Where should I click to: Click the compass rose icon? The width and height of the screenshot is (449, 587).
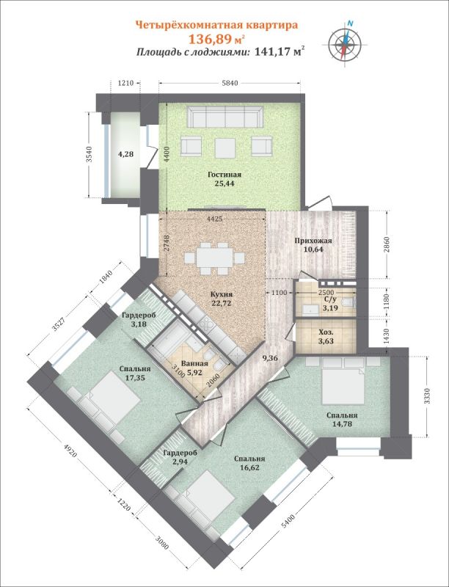coord(344,43)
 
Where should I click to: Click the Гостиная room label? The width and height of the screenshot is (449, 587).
coord(224,175)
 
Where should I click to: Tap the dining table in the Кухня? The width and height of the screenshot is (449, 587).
coord(214,258)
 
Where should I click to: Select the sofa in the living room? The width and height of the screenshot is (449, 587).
coord(225,117)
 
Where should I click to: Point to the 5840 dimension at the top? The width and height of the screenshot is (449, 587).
coord(230,84)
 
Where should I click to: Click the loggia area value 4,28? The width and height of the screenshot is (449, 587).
coord(125,153)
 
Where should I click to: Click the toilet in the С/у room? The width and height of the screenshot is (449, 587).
coord(347,302)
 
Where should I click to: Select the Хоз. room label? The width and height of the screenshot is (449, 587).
coord(324,332)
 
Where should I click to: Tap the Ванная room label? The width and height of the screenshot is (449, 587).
coord(194,364)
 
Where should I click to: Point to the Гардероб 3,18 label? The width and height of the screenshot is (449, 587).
coord(138,319)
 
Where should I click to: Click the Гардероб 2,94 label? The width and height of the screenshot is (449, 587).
coord(180,456)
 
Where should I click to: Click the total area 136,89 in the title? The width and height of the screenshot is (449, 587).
coord(211,39)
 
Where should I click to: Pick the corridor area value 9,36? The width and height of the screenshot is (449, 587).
coord(270,358)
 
